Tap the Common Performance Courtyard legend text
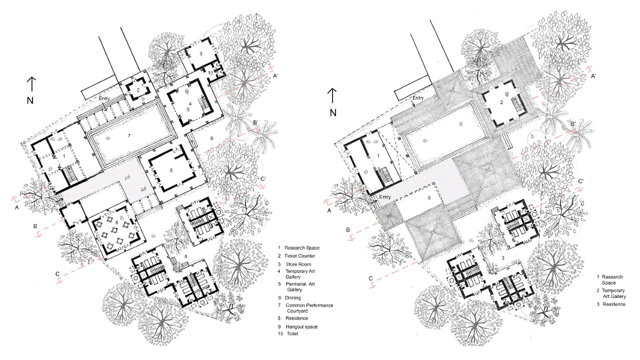point(308,308)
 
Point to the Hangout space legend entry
point(301,326)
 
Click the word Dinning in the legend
point(293,297)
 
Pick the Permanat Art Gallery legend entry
point(303,286)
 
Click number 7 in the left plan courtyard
point(128,135)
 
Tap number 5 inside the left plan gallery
point(171,170)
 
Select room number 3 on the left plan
point(200,53)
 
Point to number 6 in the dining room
point(116,221)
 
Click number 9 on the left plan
point(211,137)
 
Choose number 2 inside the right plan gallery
point(500,103)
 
